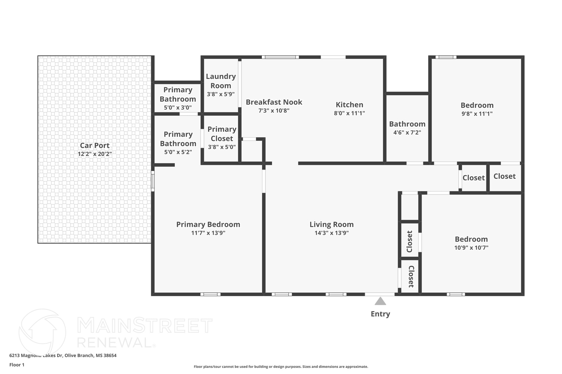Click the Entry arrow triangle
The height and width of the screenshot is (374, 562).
click(x=380, y=301)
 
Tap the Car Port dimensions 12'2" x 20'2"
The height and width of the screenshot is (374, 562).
click(x=95, y=154)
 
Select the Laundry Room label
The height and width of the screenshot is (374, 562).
click(x=221, y=81)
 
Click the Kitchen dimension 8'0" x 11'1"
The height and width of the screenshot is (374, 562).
click(x=349, y=113)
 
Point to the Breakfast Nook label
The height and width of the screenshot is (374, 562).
click(x=274, y=102)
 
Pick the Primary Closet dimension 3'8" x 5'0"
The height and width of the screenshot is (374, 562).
click(x=222, y=147)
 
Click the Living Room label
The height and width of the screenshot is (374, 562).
click(x=331, y=224)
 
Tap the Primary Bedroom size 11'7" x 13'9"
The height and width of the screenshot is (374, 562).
click(x=208, y=233)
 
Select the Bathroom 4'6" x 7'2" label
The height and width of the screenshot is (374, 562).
click(x=407, y=124)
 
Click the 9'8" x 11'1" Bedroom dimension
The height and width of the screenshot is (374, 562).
click(x=477, y=114)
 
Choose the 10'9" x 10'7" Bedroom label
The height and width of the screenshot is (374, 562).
click(x=471, y=239)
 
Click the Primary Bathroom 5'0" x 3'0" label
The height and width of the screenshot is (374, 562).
click(x=178, y=95)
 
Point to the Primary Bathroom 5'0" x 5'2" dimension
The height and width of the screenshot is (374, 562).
click(x=178, y=152)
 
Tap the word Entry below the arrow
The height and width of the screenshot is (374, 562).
click(x=380, y=314)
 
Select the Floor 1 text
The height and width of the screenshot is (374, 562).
click(x=17, y=365)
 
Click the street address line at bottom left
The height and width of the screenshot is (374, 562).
click(x=63, y=355)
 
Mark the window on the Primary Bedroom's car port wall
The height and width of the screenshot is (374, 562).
click(x=153, y=181)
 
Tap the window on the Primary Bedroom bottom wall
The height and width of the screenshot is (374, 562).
click(x=210, y=294)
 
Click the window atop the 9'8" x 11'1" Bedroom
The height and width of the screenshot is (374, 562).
click(x=446, y=57)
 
